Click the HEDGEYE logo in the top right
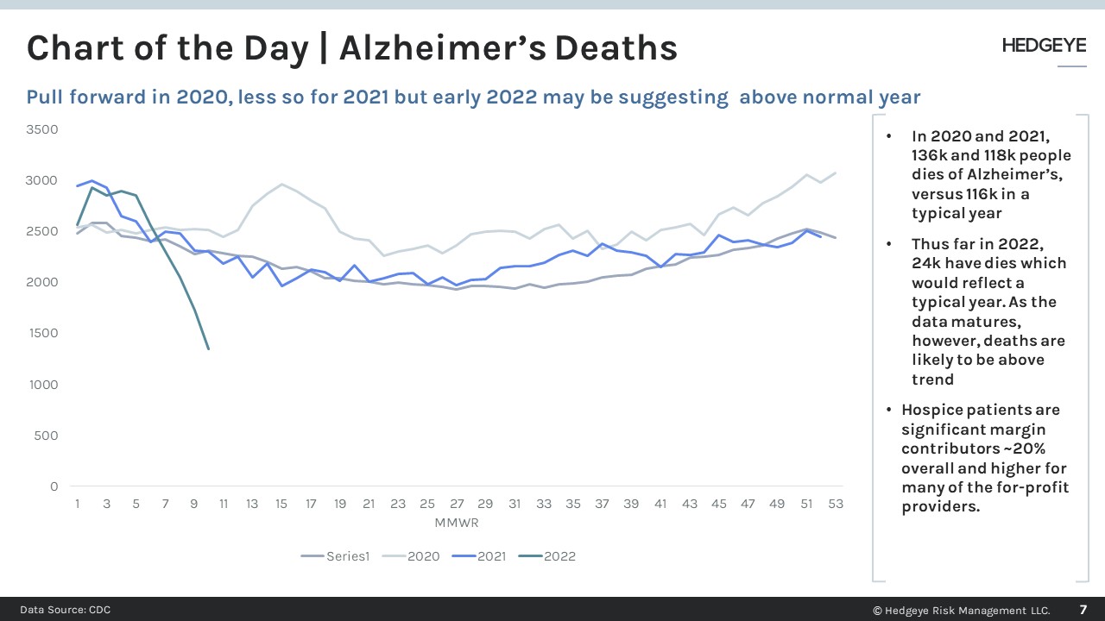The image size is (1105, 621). (1044, 46)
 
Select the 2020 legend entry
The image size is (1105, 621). (423, 556)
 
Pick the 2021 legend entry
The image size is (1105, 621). (491, 556)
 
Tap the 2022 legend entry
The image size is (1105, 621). (559, 556)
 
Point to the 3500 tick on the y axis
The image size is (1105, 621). (42, 129)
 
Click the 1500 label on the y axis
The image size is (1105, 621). (42, 333)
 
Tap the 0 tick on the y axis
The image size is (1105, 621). (54, 486)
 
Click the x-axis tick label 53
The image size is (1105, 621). (836, 504)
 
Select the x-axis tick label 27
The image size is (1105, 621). (456, 504)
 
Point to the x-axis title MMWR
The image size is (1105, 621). (456, 523)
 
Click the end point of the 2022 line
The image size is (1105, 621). (208, 348)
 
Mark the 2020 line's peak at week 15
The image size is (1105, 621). (281, 184)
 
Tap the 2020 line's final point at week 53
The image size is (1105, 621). (836, 172)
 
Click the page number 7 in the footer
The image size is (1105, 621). (1083, 610)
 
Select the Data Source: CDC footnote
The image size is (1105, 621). (66, 610)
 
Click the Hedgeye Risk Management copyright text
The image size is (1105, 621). (961, 611)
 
